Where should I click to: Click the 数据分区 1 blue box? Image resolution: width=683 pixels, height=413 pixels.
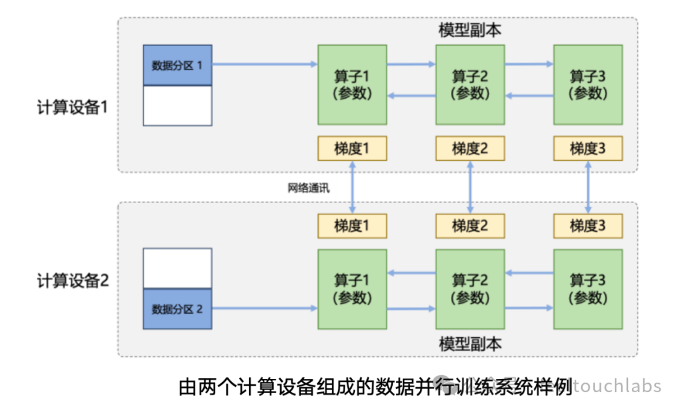point(177,65)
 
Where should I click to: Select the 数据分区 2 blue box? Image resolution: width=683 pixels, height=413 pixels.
point(177,309)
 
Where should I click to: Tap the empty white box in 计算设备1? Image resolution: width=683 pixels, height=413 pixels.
point(177,105)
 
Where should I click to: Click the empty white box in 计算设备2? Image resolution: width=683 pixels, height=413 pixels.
point(177,268)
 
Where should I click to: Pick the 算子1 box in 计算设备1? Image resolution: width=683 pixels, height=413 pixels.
point(352,85)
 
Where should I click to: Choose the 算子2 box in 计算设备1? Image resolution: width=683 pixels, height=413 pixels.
point(470,85)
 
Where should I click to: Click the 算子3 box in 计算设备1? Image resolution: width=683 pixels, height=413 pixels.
point(588,85)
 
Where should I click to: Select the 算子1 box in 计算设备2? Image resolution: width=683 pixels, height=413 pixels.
point(352,289)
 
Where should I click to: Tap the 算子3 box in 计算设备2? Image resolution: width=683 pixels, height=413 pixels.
point(588,289)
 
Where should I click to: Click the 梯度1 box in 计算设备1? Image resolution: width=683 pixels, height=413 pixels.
point(352,149)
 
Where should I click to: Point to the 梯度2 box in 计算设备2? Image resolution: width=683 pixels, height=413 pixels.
point(470,226)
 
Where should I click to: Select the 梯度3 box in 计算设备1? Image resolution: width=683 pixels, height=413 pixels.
point(588,149)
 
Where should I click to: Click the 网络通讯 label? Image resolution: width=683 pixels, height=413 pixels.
point(308,188)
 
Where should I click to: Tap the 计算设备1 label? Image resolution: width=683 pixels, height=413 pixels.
point(72,107)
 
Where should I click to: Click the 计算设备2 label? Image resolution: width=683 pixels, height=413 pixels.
point(72,281)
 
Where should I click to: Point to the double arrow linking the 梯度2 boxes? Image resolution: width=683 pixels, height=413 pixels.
point(470,187)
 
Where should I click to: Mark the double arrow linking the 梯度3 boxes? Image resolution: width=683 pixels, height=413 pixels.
point(588,187)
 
